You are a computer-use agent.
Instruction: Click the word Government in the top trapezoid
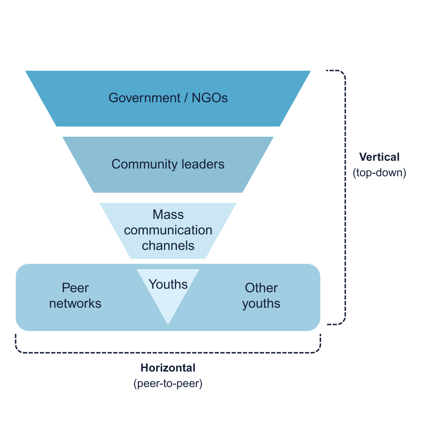click(x=145, y=98)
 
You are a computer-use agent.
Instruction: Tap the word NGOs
click(x=210, y=98)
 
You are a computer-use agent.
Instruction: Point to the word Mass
click(x=168, y=215)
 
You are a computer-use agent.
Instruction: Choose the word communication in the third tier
click(x=168, y=230)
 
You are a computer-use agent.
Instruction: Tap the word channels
click(x=168, y=246)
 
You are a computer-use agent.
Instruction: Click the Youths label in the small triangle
click(x=168, y=284)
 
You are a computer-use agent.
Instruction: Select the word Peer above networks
click(x=75, y=288)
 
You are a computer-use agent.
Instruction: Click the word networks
click(x=75, y=304)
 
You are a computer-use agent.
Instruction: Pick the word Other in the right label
click(x=261, y=288)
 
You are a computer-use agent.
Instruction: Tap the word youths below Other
click(x=261, y=304)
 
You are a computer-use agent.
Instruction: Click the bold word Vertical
click(x=379, y=157)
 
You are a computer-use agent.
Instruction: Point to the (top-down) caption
click(x=379, y=173)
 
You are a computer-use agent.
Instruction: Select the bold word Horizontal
click(x=168, y=368)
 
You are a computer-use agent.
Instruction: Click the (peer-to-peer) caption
click(x=168, y=384)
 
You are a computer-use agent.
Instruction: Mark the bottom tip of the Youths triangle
click(x=168, y=324)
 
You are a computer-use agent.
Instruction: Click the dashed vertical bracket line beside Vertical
click(x=345, y=211)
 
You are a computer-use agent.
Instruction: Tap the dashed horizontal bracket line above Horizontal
click(x=168, y=352)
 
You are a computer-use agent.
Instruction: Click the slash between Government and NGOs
click(x=186, y=98)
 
